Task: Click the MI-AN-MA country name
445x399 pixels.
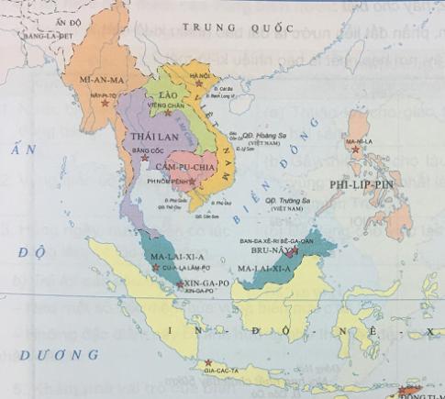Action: coord(104,81)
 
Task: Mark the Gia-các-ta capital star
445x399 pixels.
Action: coord(210,361)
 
